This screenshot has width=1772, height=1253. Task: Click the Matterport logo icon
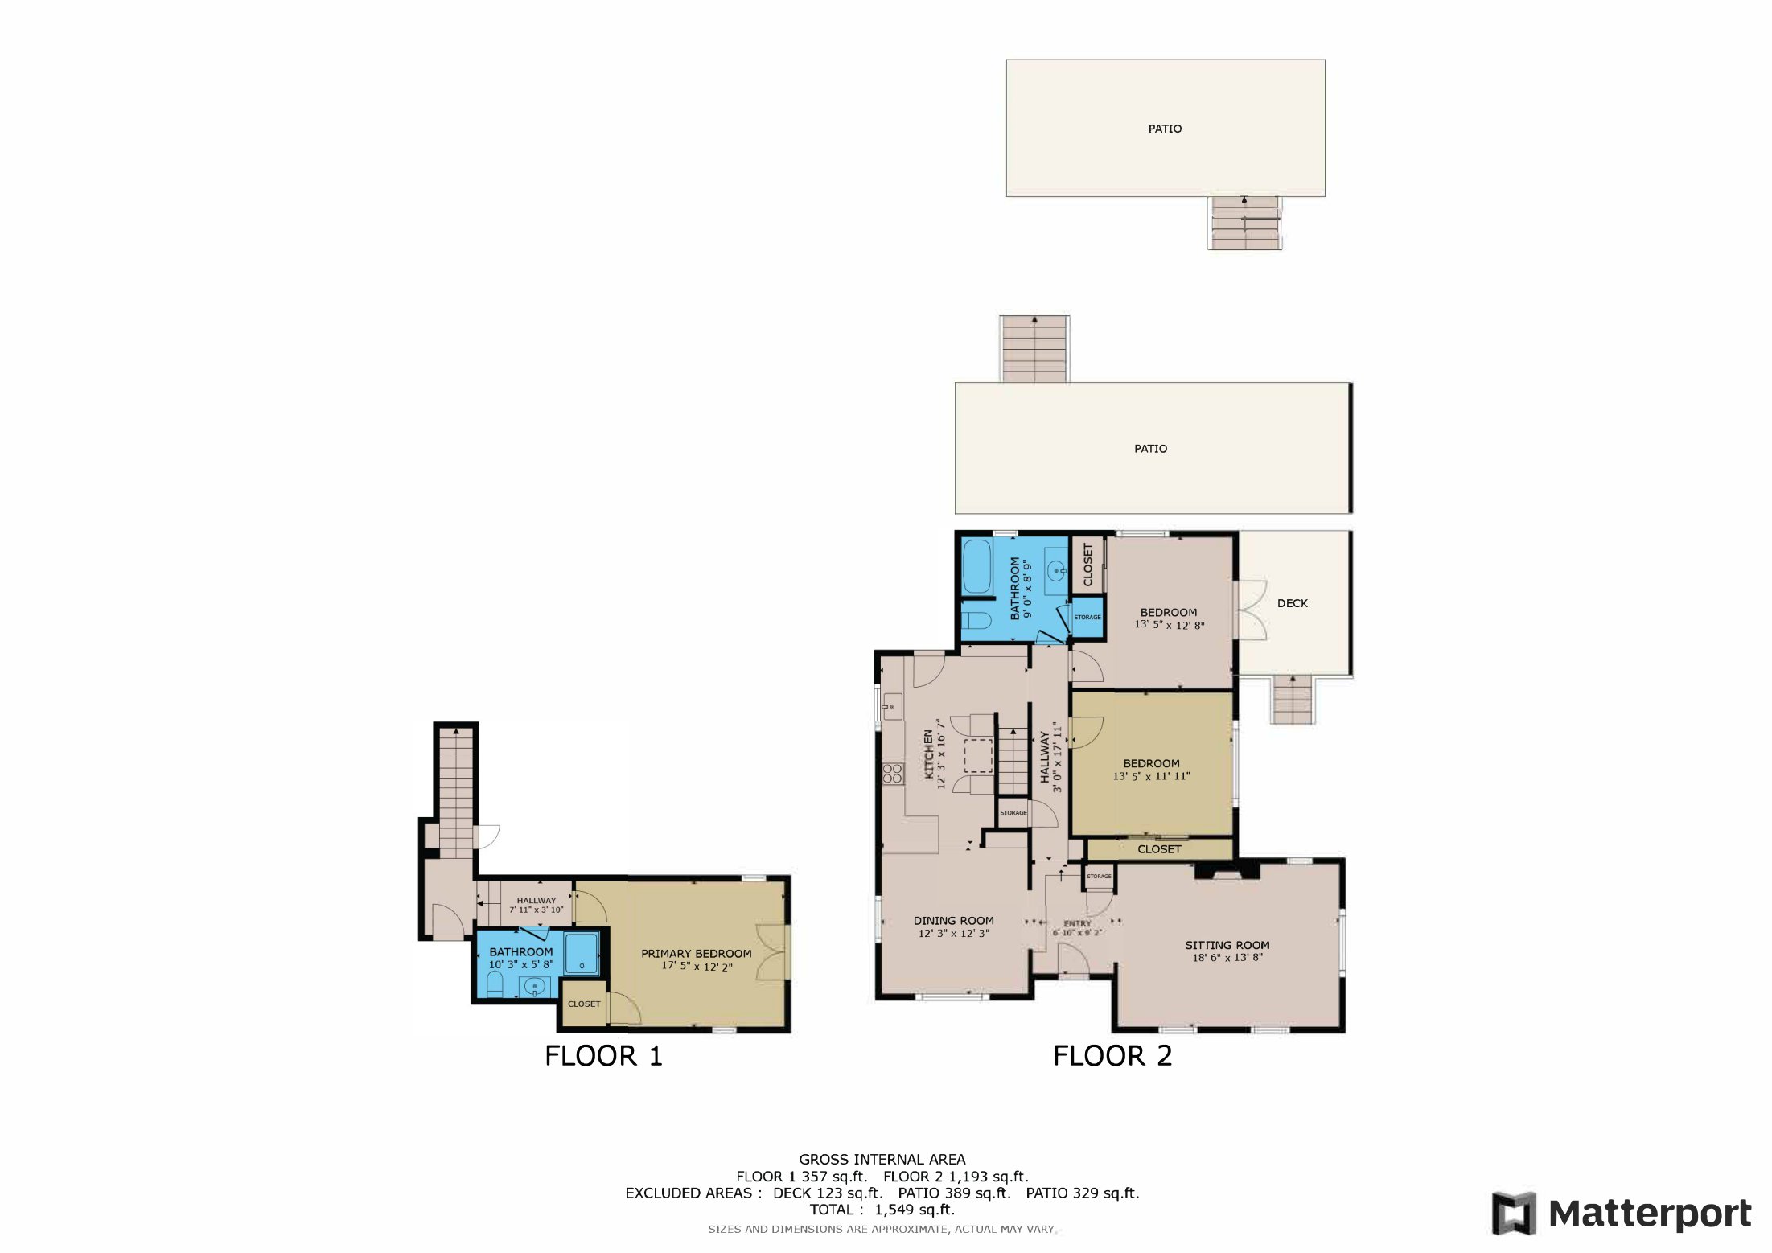[x=1513, y=1214]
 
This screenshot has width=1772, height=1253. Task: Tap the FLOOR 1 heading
[x=603, y=1056]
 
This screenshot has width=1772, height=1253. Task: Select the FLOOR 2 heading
[x=1112, y=1056]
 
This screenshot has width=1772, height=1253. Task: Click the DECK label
[x=1292, y=603]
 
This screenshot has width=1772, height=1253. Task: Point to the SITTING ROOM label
[x=1227, y=945]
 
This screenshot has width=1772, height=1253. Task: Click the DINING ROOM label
[x=953, y=921]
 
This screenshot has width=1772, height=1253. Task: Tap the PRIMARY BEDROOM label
[x=696, y=954]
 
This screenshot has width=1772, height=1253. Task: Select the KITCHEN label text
[x=928, y=754]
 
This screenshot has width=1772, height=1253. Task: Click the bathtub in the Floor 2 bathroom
[x=976, y=566]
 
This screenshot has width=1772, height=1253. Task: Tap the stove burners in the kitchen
[x=892, y=773]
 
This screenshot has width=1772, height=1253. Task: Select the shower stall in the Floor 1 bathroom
[x=581, y=953]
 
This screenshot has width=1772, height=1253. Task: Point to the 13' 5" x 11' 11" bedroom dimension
[x=1151, y=776]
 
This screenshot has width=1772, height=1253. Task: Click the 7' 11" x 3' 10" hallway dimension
[x=536, y=910]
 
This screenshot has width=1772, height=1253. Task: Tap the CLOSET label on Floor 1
[x=584, y=1004]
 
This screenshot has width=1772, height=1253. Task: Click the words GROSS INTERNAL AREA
[x=882, y=1159]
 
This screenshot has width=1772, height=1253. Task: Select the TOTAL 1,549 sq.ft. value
[x=915, y=1210]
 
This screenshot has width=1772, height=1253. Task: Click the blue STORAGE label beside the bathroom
[x=1087, y=617]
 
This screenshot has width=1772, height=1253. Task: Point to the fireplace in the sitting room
[x=1227, y=870]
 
